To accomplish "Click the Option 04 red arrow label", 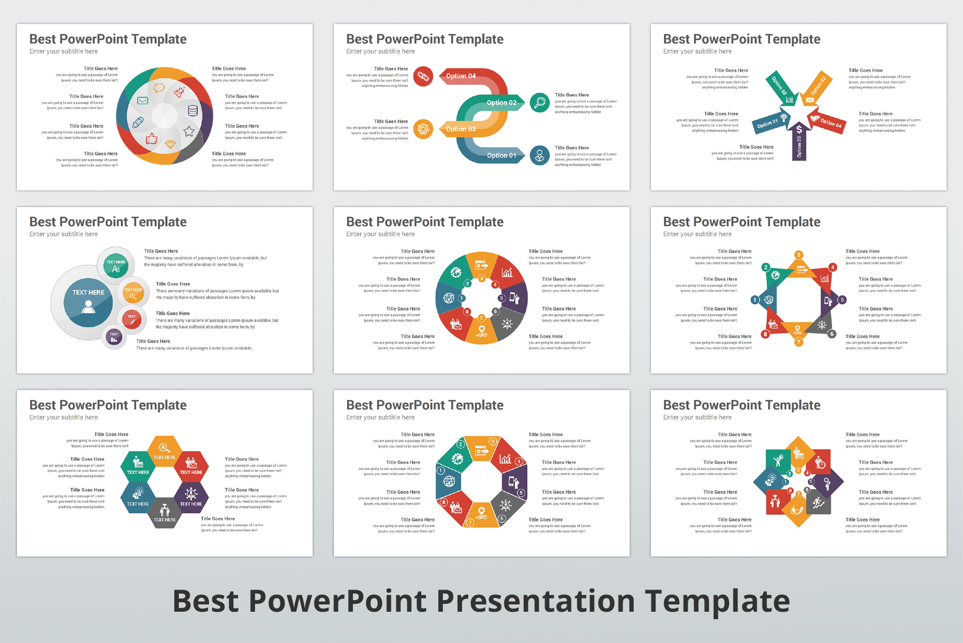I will pyautogui.click(x=461, y=76).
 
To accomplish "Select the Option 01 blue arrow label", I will pyautogui.click(x=501, y=155).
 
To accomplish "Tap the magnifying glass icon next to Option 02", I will pyautogui.click(x=539, y=102).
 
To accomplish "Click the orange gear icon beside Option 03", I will pyautogui.click(x=423, y=129).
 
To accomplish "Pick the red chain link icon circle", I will pyautogui.click(x=423, y=76).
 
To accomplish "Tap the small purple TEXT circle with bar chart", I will pyautogui.click(x=114, y=336).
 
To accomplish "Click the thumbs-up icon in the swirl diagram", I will pyautogui.click(x=152, y=139).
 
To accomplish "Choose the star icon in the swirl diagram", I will pyautogui.click(x=189, y=131).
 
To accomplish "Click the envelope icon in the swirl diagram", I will pyautogui.click(x=142, y=101).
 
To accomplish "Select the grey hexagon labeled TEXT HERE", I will pyautogui.click(x=165, y=513).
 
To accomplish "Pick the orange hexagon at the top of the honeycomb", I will pyautogui.click(x=165, y=451).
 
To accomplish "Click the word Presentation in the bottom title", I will pyautogui.click(x=535, y=601).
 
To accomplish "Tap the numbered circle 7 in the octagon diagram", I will pyautogui.click(x=469, y=522).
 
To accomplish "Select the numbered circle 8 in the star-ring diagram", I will pyautogui.click(x=765, y=334).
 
